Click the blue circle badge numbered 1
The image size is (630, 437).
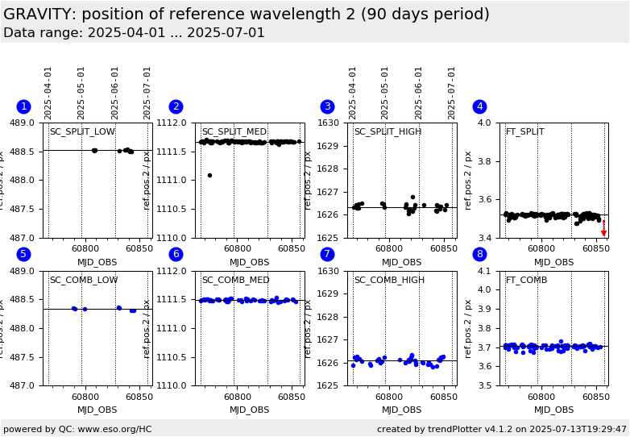click(23, 106)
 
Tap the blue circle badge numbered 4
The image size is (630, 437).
click(479, 106)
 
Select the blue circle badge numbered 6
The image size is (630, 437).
click(176, 255)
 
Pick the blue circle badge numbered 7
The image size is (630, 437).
click(327, 255)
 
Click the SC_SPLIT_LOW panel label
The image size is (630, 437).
click(82, 131)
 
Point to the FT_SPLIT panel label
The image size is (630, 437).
click(524, 131)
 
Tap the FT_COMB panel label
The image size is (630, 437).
click(526, 280)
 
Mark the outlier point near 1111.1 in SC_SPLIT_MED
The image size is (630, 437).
click(209, 175)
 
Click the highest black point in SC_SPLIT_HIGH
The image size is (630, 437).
click(412, 197)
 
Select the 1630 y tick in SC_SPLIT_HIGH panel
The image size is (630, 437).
click(334, 123)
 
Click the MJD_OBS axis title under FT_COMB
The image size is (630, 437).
click(554, 410)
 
